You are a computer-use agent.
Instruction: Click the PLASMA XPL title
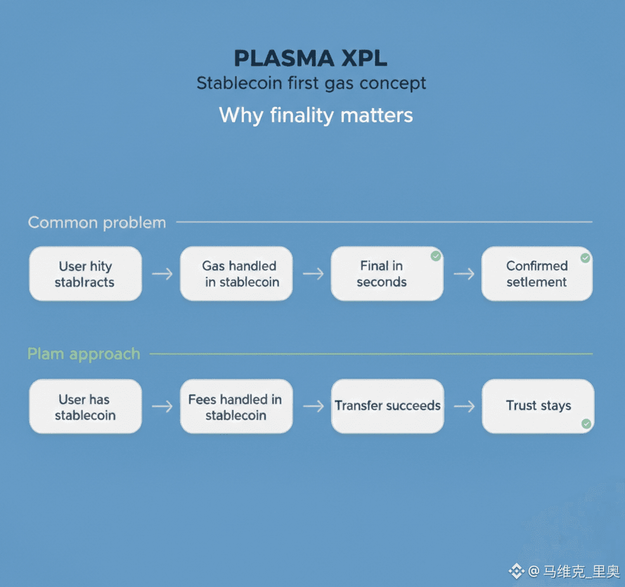tap(311, 59)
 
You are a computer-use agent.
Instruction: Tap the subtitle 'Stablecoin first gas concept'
tap(311, 83)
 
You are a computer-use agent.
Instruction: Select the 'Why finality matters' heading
tap(316, 114)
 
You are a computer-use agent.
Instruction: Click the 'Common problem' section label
tap(97, 222)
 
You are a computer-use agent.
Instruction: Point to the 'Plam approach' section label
tap(84, 354)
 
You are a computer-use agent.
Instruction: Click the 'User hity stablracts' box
tap(85, 274)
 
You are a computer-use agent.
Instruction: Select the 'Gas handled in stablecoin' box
tap(236, 274)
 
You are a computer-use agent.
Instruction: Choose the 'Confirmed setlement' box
tap(537, 274)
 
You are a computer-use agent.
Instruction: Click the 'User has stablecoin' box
tap(85, 407)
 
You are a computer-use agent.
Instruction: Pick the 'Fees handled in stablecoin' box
tap(236, 407)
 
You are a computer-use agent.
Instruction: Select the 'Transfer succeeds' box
tap(387, 406)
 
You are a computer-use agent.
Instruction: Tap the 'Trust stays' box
tap(538, 406)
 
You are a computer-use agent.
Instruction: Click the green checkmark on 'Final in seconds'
tap(436, 256)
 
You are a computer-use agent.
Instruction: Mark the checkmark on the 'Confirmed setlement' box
tap(585, 258)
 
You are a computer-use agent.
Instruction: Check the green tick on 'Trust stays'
tap(586, 424)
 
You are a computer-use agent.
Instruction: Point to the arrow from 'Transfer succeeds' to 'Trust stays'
tap(463, 406)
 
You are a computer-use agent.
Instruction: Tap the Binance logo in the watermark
tap(517, 571)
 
